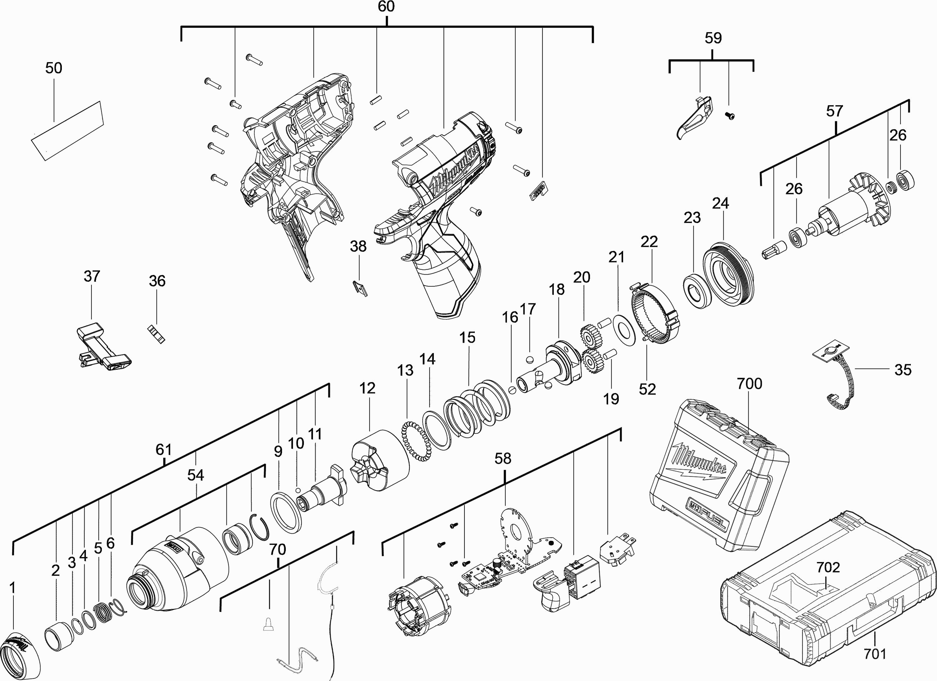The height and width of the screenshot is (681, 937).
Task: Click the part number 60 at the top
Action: click(x=386, y=7)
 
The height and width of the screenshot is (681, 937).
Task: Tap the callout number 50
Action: click(x=54, y=68)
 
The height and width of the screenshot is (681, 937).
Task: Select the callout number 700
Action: click(x=749, y=384)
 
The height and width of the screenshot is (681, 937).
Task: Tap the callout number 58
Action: click(x=503, y=458)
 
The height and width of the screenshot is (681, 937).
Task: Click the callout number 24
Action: click(x=721, y=203)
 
